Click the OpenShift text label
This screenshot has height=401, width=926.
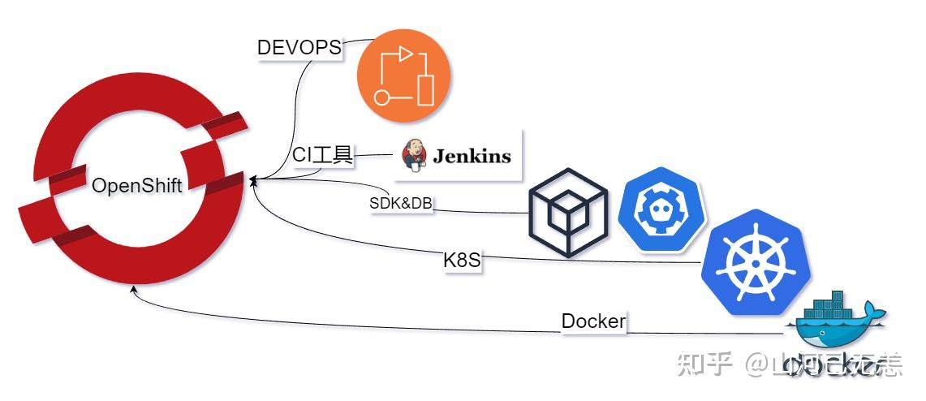tap(136, 186)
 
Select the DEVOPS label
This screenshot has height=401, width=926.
tap(299, 47)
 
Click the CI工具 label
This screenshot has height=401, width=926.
tap(322, 155)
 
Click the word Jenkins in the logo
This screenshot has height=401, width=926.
tap(472, 156)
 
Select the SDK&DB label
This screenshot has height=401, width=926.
tap(401, 204)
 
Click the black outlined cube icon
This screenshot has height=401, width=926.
tap(568, 213)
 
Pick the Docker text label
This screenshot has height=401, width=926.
tap(593, 321)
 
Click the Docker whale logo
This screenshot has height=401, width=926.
tap(836, 328)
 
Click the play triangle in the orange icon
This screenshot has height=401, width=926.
tap(406, 54)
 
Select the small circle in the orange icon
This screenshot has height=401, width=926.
tap(381, 98)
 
